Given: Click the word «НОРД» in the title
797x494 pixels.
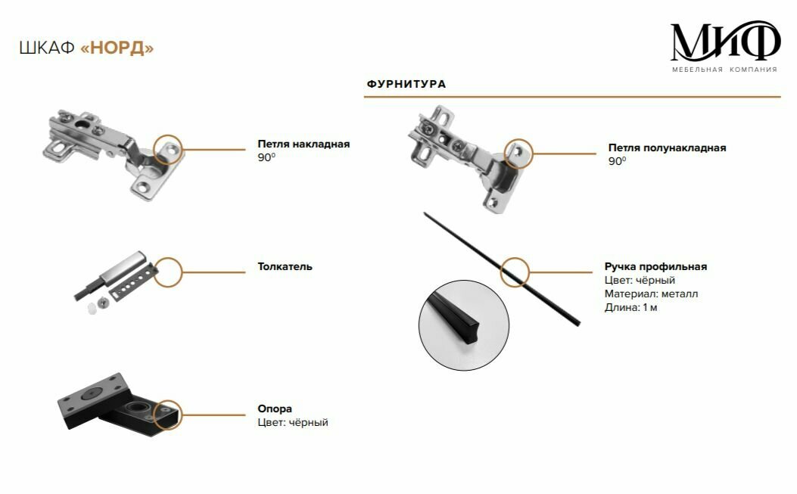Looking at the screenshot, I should click(117, 48).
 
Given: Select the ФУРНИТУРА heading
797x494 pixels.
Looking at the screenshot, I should click(406, 84).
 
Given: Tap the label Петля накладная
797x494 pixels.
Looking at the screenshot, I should click(304, 144).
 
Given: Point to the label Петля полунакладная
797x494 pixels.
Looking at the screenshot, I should click(667, 148).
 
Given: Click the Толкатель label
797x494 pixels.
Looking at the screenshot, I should click(285, 266).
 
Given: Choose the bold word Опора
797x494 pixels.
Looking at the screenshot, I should click(275, 409).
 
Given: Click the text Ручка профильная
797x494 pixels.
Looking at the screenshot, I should click(655, 266).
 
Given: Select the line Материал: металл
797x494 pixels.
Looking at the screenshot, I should click(651, 294).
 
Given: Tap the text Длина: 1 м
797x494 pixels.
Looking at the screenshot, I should click(630, 307).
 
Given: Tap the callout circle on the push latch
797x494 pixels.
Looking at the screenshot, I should click(168, 272).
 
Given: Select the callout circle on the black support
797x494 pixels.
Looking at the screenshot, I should click(168, 415).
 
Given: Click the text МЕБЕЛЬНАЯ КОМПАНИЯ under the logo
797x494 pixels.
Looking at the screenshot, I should click(724, 70).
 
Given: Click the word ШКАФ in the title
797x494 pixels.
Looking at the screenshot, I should click(45, 48).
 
